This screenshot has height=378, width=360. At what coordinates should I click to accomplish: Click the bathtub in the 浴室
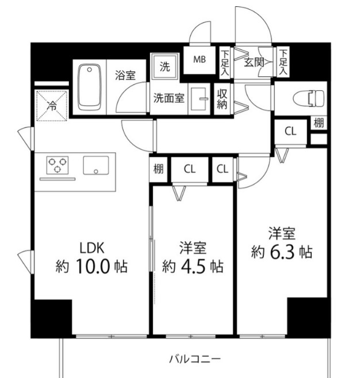[x=90, y=87]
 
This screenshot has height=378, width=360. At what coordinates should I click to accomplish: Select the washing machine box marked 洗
[x=164, y=65]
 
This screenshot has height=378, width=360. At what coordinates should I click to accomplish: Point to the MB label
[x=199, y=59]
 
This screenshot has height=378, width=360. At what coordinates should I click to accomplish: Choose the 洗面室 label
[x=168, y=98]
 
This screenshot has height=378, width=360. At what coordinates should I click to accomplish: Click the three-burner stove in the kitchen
[x=56, y=165]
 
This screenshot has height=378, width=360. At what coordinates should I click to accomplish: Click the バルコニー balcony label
[x=194, y=360]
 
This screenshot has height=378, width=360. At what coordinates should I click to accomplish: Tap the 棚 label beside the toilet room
[x=319, y=122]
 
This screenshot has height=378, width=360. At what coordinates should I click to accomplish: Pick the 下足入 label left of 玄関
[x=225, y=63]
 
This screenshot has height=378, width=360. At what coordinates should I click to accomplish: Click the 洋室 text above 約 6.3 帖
[x=282, y=234]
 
